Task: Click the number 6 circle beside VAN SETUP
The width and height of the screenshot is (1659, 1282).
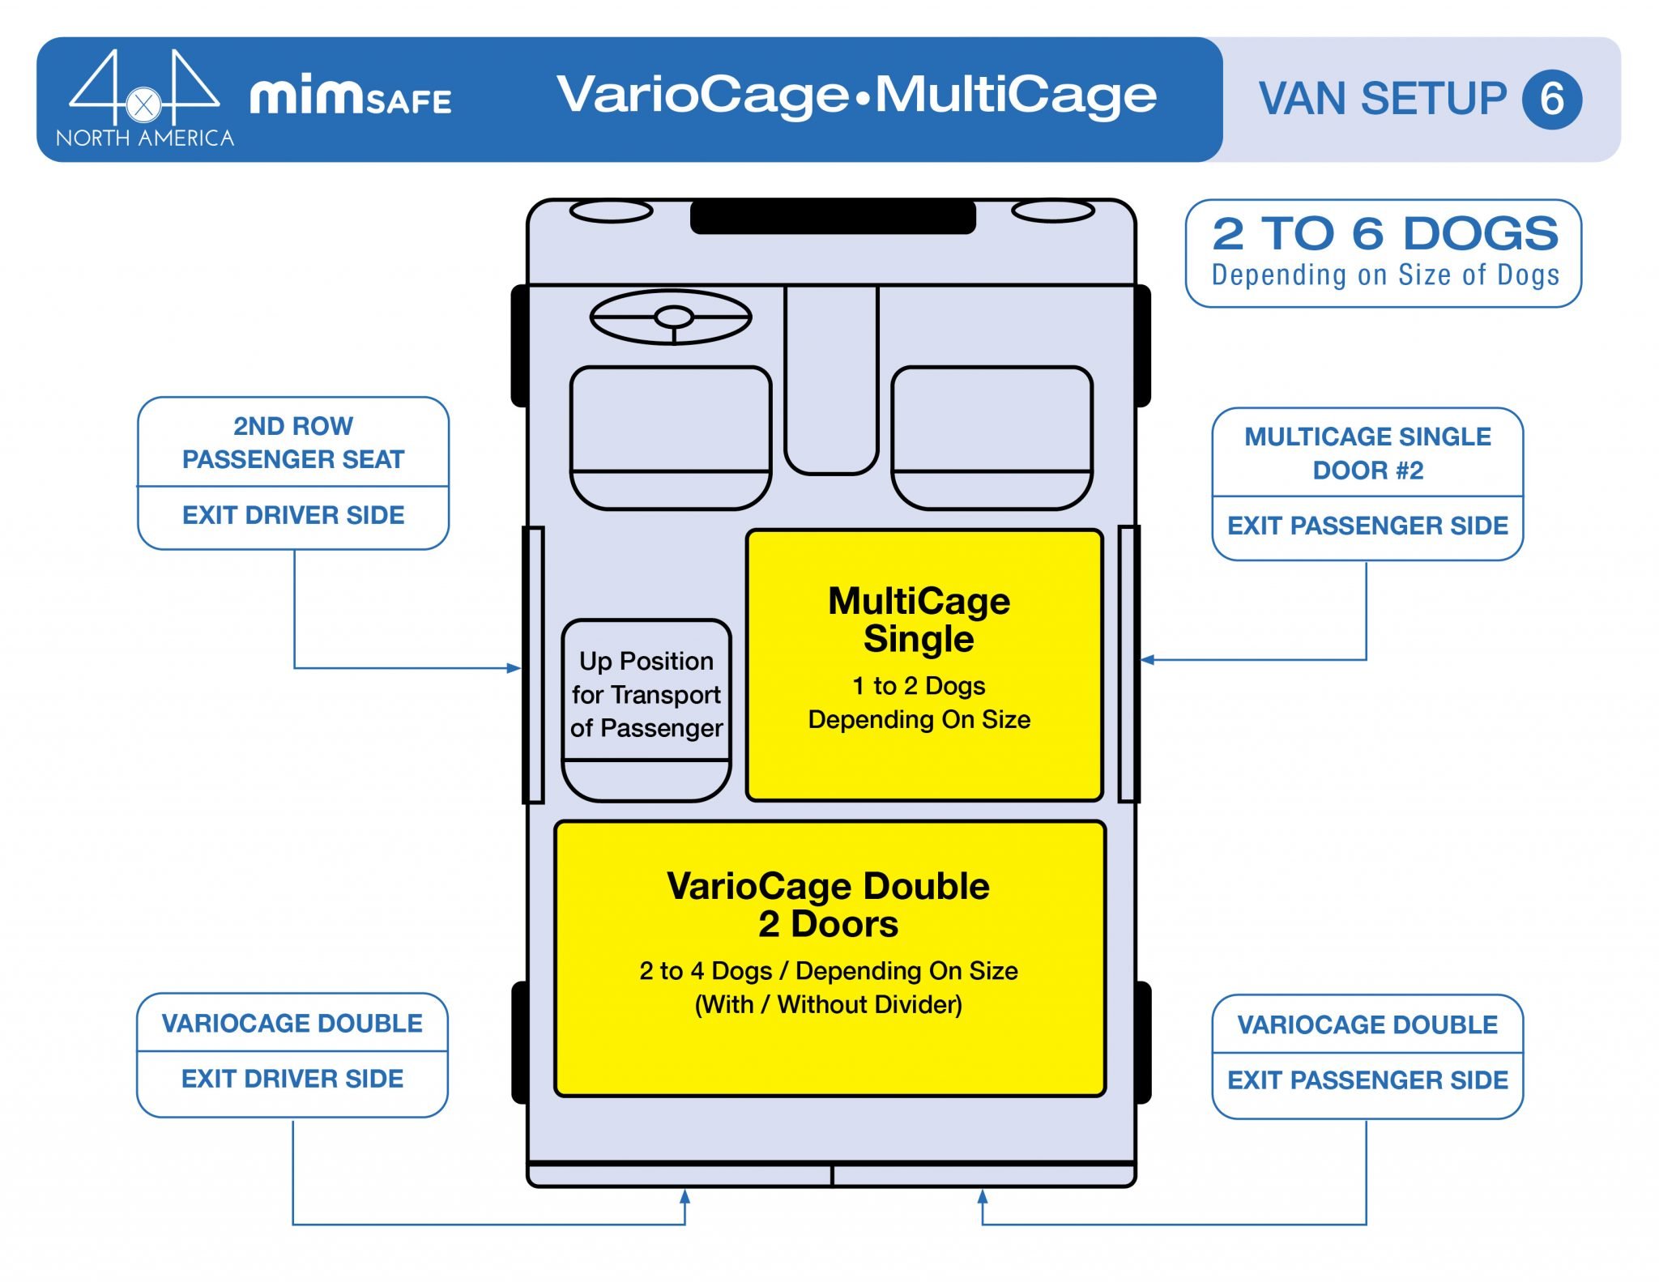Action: pyautogui.click(x=1550, y=100)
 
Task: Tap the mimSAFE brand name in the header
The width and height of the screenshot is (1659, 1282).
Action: pyautogui.click(x=350, y=97)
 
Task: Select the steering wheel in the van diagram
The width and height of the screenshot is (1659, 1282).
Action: pyautogui.click(x=671, y=317)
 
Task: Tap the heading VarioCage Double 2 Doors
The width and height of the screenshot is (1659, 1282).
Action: pyautogui.click(x=828, y=905)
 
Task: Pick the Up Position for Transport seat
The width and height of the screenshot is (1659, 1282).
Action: pyautogui.click(x=646, y=709)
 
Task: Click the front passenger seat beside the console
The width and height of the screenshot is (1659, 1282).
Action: pyautogui.click(x=992, y=437)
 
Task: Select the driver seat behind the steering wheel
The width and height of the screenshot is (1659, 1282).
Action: pyautogui.click(x=671, y=437)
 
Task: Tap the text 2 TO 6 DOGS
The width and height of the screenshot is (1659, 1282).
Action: pyautogui.click(x=1384, y=234)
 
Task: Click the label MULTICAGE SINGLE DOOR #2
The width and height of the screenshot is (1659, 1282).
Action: pyautogui.click(x=1367, y=454)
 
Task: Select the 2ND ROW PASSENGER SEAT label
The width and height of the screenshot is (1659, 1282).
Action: pyautogui.click(x=293, y=442)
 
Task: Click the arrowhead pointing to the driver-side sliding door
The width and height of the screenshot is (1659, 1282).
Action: pyautogui.click(x=514, y=668)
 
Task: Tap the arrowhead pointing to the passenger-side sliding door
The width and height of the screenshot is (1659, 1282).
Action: pyautogui.click(x=1147, y=660)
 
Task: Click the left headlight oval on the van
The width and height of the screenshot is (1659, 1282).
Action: pyautogui.click(x=612, y=212)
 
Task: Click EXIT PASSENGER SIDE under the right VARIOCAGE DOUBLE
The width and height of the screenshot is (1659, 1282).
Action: pyautogui.click(x=1367, y=1080)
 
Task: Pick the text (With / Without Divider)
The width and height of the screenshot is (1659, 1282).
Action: pyautogui.click(x=828, y=1005)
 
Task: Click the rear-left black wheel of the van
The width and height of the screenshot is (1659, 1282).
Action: pyautogui.click(x=520, y=1042)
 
